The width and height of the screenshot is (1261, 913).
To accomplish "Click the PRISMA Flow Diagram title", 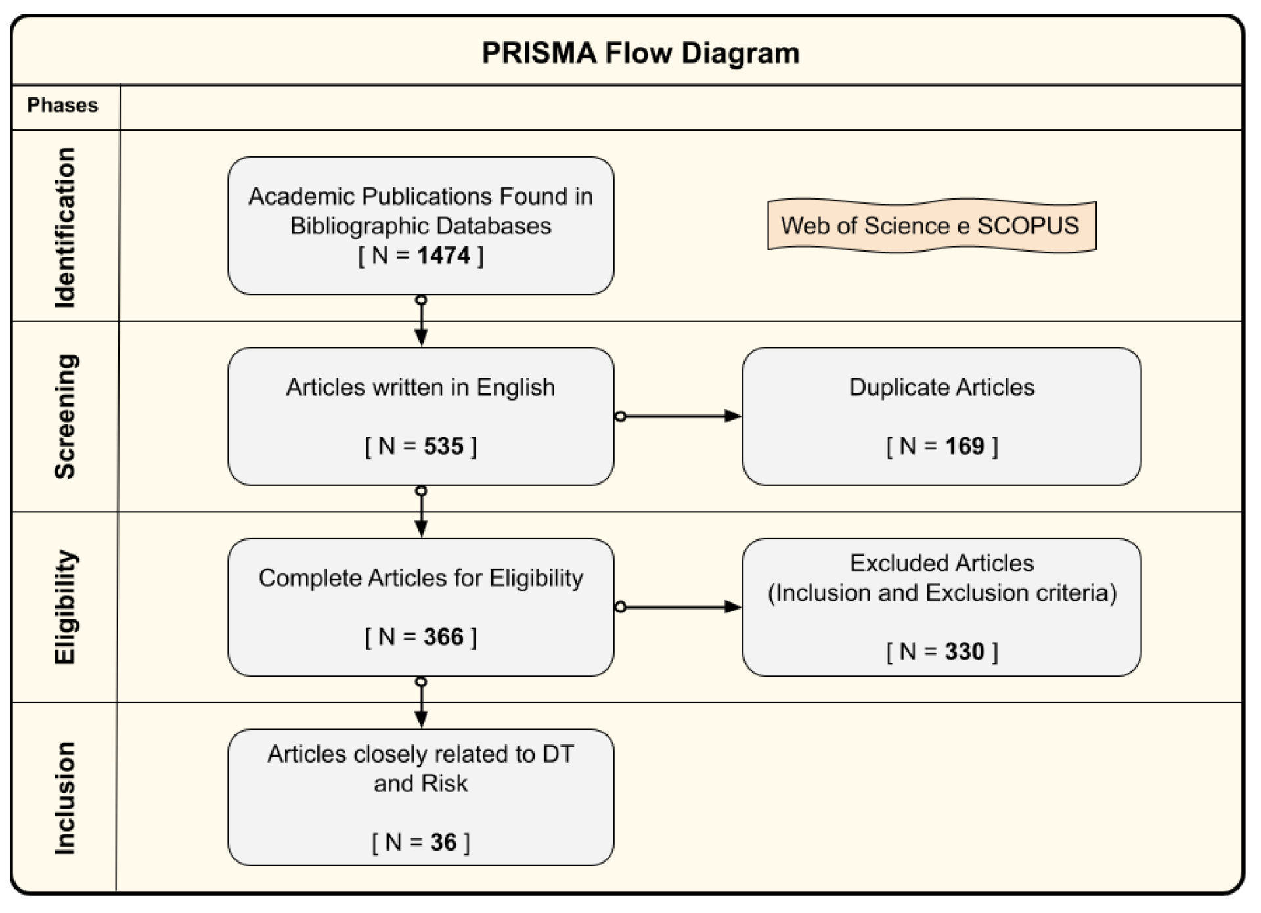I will click(640, 53).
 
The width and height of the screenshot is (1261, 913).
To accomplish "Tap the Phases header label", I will click(62, 105).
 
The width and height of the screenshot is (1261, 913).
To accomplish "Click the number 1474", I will click(443, 255).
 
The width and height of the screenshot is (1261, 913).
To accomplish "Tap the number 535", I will click(443, 446).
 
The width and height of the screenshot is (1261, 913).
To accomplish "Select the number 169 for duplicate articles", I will click(964, 446).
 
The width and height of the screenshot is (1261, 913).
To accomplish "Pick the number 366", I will click(443, 636).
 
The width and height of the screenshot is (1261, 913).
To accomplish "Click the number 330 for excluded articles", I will click(964, 652).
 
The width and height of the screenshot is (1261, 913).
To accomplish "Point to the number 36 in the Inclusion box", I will click(443, 842).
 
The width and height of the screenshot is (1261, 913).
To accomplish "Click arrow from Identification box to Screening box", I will click(421, 322).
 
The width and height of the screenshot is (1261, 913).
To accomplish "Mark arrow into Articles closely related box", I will click(421, 704).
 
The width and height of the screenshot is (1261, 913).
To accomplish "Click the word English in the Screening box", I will click(516, 388).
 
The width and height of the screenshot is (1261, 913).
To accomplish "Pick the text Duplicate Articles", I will click(941, 388).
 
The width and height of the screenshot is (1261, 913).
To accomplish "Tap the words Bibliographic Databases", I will click(420, 226).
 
